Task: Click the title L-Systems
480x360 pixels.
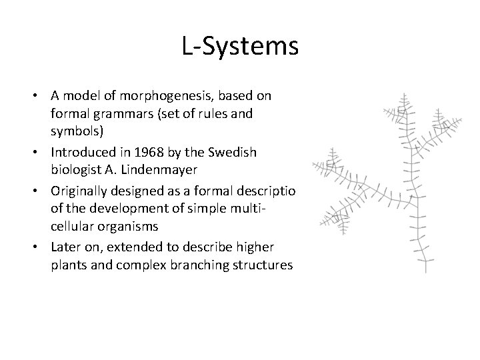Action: pos(239,47)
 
